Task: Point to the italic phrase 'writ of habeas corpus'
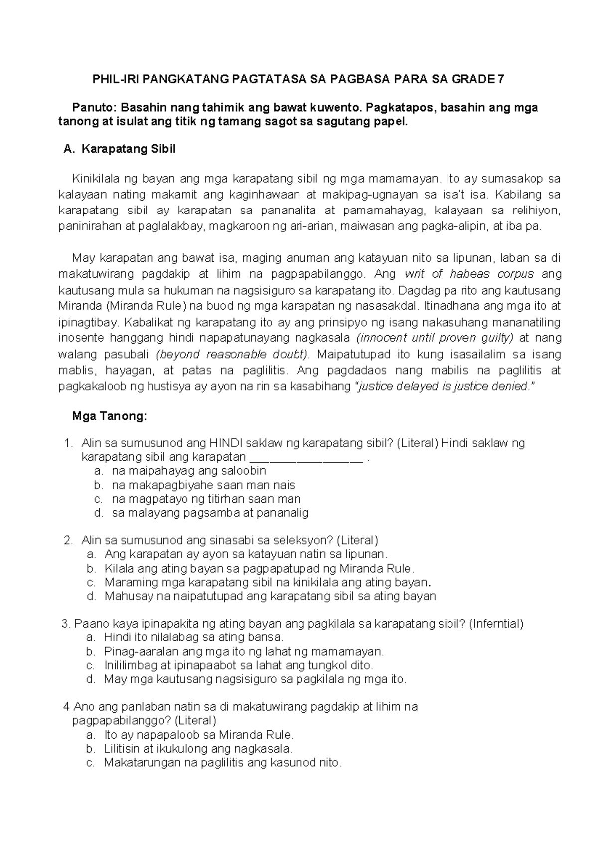(469, 274)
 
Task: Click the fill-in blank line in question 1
(305, 458)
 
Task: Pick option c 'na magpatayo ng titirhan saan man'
(206, 499)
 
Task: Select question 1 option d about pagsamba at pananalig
(210, 512)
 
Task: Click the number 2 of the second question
(68, 540)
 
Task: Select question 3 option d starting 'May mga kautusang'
(255, 679)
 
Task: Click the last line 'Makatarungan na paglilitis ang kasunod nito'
(222, 762)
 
